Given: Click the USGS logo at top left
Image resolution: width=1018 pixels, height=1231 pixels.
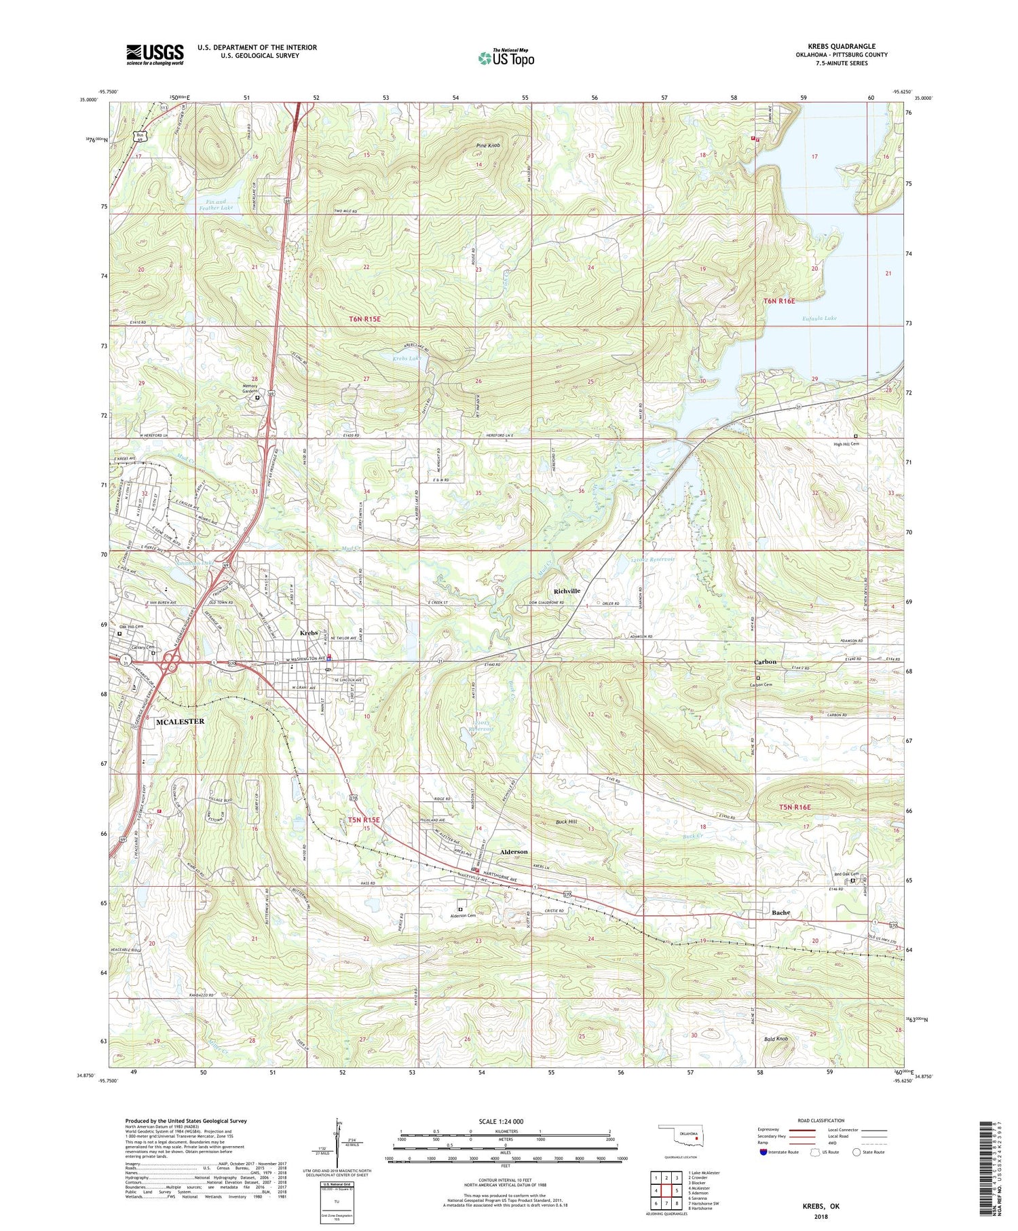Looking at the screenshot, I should (155, 54).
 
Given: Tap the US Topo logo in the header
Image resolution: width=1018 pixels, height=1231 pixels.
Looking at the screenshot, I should (506, 58).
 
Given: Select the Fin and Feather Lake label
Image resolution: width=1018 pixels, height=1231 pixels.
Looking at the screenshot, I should (214, 204).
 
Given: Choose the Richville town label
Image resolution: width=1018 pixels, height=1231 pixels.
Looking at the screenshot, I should (567, 591).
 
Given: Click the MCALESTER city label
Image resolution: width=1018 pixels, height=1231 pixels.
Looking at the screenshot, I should (181, 722).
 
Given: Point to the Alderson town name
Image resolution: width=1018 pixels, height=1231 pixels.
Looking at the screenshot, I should (514, 851).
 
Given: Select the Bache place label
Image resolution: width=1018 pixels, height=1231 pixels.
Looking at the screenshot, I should (781, 913).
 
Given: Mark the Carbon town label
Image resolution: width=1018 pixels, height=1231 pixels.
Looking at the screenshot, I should (765, 662).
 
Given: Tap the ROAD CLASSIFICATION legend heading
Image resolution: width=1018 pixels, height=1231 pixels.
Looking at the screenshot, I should (820, 1120).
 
